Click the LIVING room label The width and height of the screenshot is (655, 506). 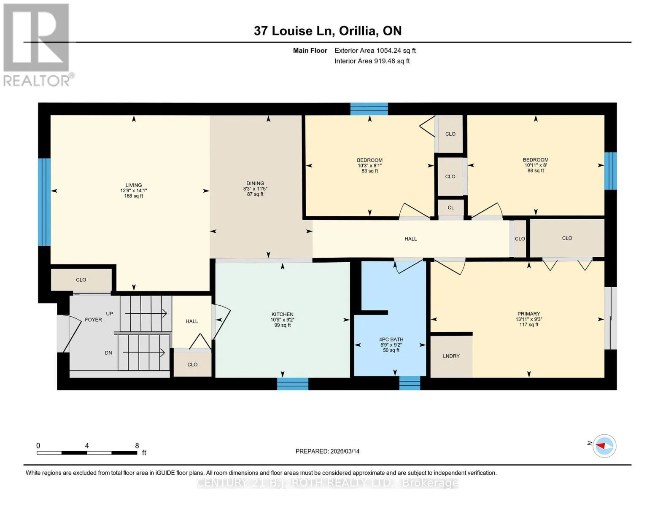(134, 185)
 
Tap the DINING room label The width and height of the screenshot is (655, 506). (255, 183)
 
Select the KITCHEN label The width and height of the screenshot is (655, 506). (282, 314)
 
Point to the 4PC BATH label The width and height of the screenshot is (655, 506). (391, 339)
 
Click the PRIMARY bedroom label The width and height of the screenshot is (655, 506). (528, 314)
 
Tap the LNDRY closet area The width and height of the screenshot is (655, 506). (451, 356)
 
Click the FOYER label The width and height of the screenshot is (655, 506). (93, 320)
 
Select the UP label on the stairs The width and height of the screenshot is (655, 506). (109, 314)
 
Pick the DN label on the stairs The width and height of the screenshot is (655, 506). (108, 353)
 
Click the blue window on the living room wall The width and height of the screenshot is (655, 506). (44, 202)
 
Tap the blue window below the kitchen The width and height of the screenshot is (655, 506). (292, 384)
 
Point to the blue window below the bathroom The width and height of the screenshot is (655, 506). (410, 383)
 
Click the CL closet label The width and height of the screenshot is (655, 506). (450, 207)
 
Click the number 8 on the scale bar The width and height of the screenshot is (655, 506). (137, 445)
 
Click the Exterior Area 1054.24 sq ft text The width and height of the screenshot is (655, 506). (375, 50)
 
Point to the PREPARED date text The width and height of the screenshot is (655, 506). (327, 451)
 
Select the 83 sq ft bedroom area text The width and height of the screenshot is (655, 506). (369, 171)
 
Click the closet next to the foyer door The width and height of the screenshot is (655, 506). (81, 280)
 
